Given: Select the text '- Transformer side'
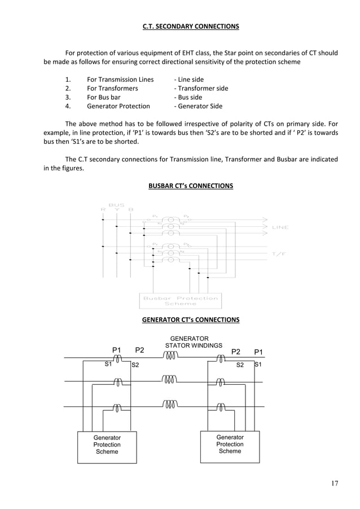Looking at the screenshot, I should tap(201, 89).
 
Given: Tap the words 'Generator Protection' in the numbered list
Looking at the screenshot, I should tap(118, 106).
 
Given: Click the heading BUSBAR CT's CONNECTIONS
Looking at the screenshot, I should tap(190, 186).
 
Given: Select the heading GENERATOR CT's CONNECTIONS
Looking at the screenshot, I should tap(190, 320).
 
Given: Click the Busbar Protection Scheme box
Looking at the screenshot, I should tap(180, 300).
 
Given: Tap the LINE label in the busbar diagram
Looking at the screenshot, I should tap(280, 227).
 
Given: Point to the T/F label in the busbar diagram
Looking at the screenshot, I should tap(279, 254).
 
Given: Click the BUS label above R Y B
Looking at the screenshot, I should tap(116, 205).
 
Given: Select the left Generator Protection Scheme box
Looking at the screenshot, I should tap(107, 445).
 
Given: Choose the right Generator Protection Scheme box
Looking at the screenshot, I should tap(230, 444).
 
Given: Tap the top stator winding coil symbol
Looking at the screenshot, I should tap(170, 356).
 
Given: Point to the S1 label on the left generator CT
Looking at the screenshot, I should tap(108, 365).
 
